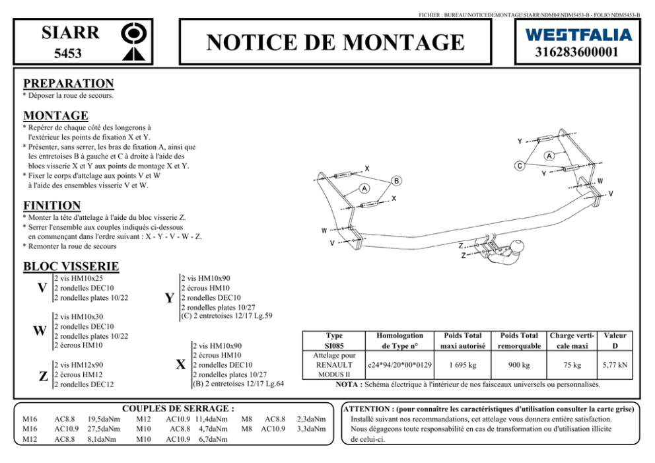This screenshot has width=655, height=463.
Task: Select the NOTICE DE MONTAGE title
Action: coord(335,43)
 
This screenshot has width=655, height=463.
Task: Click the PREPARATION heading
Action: coord(68,84)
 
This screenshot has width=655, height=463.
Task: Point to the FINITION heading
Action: coord(52,205)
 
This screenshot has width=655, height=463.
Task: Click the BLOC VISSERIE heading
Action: coord(71,267)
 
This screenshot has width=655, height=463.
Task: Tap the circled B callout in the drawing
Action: coord(396,180)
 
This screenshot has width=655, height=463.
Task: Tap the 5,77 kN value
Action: coord(615,365)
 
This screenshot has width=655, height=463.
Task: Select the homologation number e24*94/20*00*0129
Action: coord(400,365)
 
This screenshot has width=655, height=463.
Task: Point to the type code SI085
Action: coord(335,345)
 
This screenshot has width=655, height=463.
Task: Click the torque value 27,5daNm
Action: coord(104,428)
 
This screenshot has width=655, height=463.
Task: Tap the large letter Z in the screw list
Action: coord(43,376)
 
